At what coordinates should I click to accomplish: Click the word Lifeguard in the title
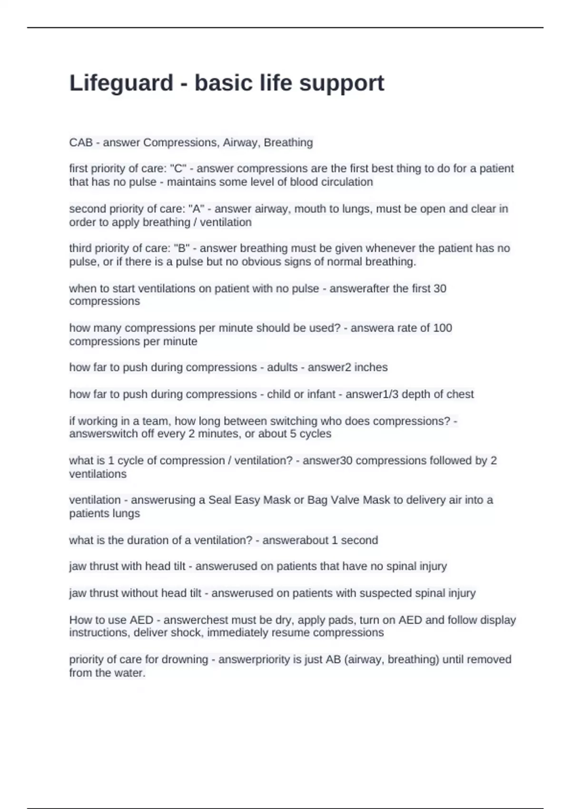pos(121,83)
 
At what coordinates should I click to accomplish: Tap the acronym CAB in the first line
pos(81,143)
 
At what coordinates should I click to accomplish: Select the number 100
pos(443,328)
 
